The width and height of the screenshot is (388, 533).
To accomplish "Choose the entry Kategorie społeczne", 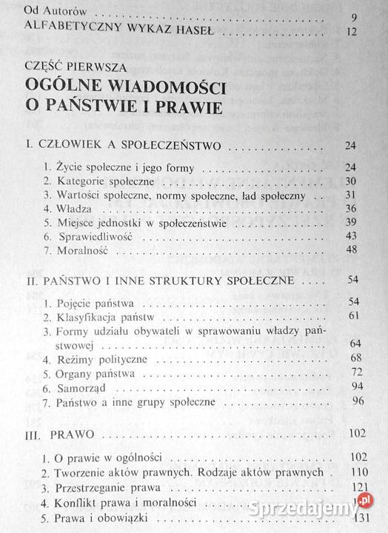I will point(91,181).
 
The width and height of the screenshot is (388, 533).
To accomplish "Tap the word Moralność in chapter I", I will point(78,251).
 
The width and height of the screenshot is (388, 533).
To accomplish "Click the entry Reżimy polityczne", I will point(90,358).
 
